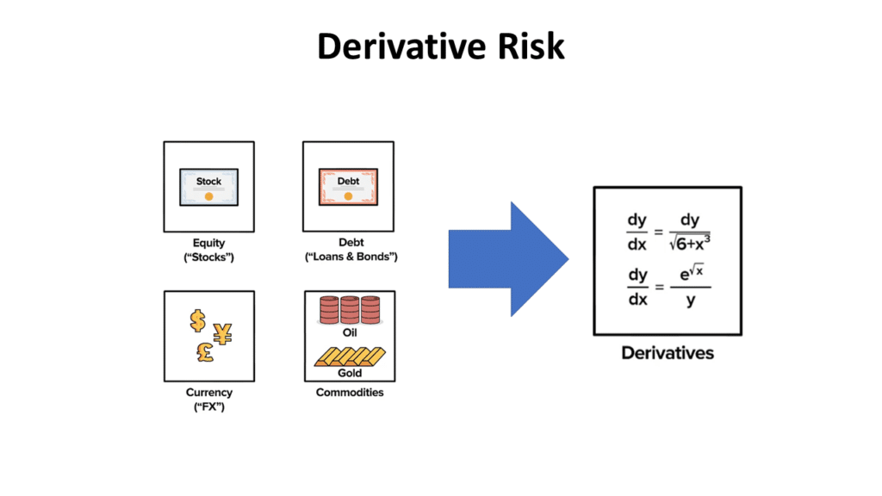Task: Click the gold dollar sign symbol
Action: (198, 320)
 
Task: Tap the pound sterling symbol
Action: (205, 352)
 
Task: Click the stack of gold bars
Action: (348, 356)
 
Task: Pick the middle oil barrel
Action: (349, 309)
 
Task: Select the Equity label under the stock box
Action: (208, 244)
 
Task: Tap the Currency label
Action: (209, 393)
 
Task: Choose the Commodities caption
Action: (349, 393)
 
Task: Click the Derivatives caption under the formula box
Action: (668, 353)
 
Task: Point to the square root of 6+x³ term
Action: (690, 245)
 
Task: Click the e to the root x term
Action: (690, 275)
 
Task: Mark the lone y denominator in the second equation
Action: (690, 301)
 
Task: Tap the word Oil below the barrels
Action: (349, 332)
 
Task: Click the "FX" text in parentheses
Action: (209, 406)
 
